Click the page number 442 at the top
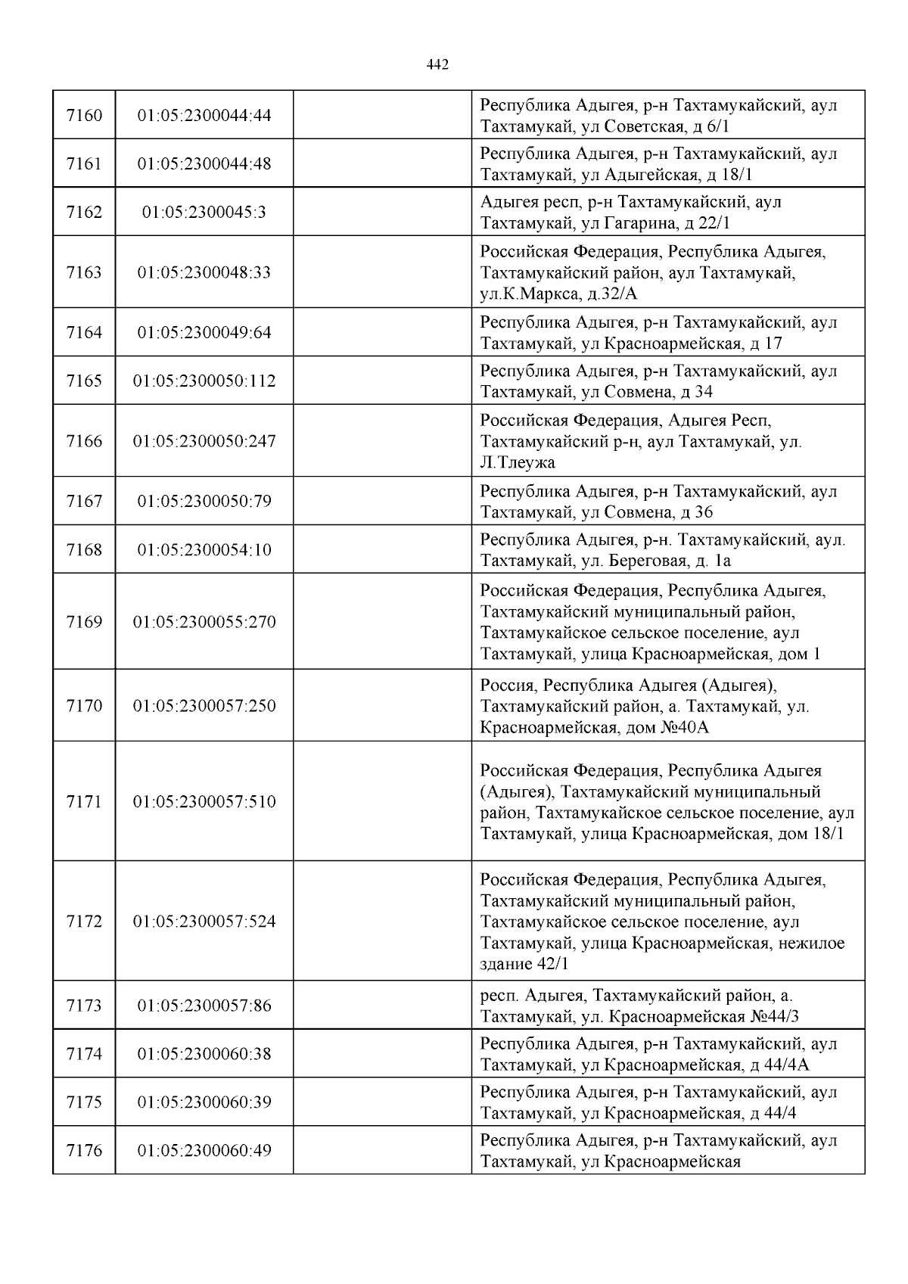[437, 65]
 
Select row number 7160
[84, 116]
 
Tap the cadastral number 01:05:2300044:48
[204, 164]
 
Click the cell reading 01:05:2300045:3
[204, 213]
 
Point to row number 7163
[84, 272]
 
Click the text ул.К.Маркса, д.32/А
[559, 294]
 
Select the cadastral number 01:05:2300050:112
[204, 381]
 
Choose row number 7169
[84, 622]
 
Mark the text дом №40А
[667, 728]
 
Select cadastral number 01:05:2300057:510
[204, 802]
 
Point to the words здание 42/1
[524, 965]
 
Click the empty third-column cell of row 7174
[382, 1054]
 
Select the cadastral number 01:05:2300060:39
[204, 1102]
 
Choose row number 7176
[84, 1151]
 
